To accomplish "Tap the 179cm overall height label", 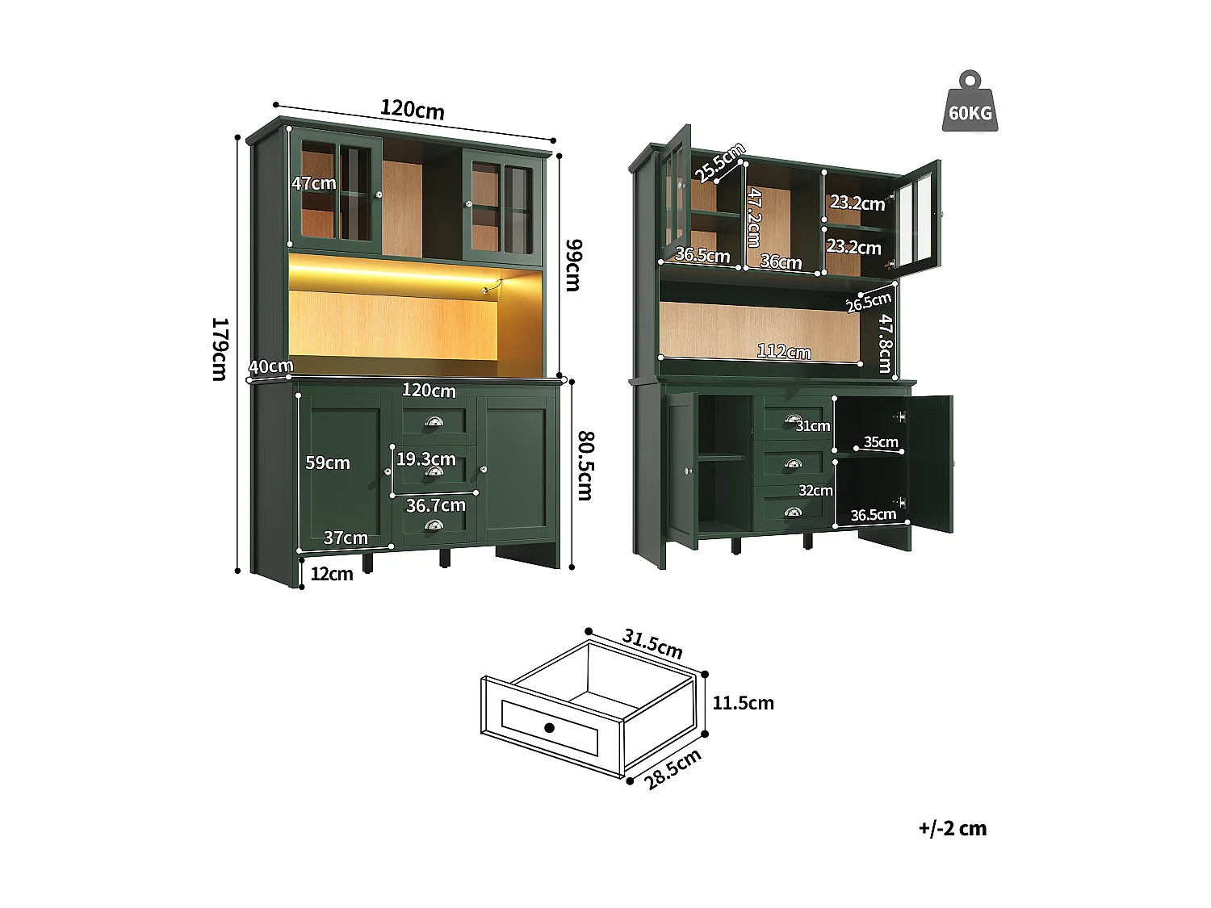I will (x=219, y=349).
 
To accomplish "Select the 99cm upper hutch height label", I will (x=572, y=265).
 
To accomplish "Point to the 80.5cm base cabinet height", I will (x=585, y=466).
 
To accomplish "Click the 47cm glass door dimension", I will (x=313, y=183).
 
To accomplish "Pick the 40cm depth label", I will (x=270, y=366).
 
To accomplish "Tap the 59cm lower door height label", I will (x=327, y=462).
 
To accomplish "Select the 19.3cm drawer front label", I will (x=425, y=459).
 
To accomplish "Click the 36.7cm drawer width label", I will (x=435, y=505).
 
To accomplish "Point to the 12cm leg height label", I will (x=332, y=574).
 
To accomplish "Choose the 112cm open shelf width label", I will (x=784, y=351).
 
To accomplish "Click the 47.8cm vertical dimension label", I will (x=886, y=343).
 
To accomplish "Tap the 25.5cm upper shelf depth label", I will (x=720, y=162).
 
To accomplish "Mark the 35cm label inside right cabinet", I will (x=881, y=441).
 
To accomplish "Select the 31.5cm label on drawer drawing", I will (x=652, y=644).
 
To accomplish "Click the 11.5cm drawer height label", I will (x=743, y=703).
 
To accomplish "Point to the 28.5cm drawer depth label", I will (x=673, y=769).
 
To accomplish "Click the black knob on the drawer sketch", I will (x=549, y=727).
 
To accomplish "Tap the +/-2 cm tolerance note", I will (x=952, y=828).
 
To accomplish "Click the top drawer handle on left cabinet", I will (x=434, y=422).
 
